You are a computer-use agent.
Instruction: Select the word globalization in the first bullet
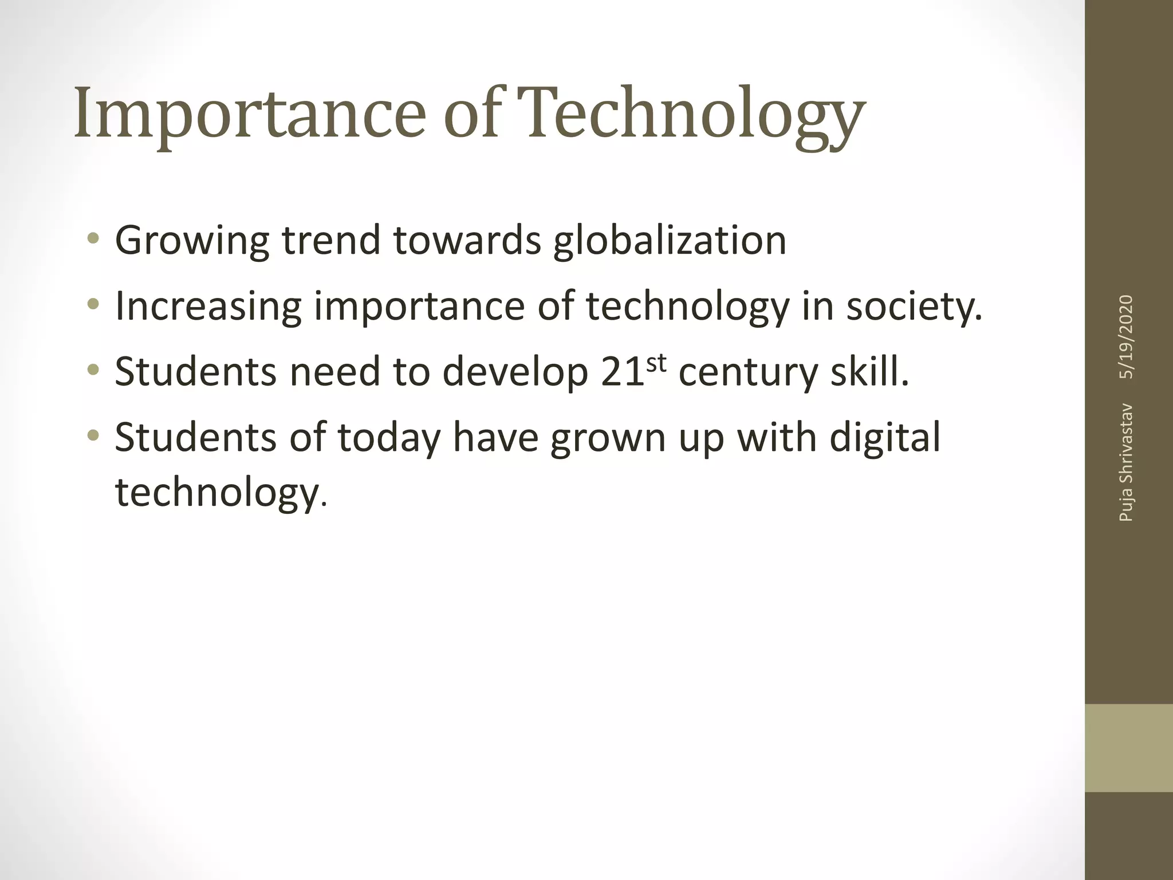[670, 241]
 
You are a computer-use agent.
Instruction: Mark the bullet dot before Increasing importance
[93, 304]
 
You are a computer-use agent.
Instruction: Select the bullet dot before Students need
[93, 370]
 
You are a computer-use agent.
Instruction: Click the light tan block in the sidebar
[1128, 748]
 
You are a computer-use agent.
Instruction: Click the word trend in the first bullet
[331, 241]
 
